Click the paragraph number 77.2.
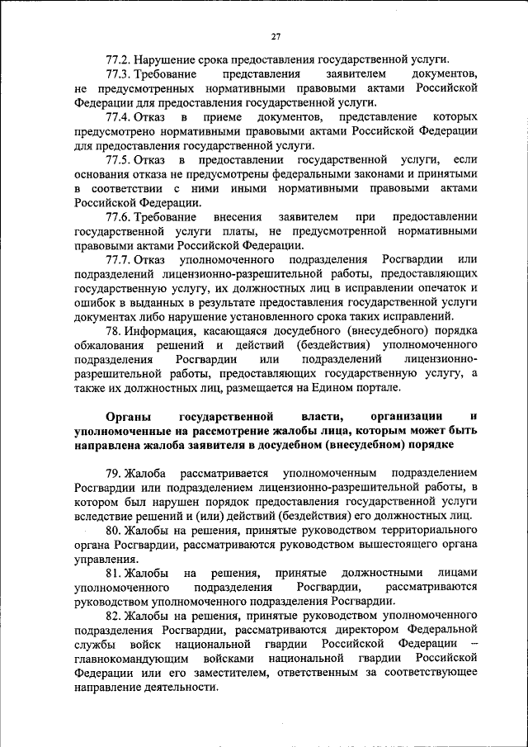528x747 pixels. tap(120, 59)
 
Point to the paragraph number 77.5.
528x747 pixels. tap(120, 159)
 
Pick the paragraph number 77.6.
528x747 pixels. tap(120, 216)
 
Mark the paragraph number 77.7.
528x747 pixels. tap(120, 259)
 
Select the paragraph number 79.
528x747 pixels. tap(115, 472)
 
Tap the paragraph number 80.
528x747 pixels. tap(115, 530)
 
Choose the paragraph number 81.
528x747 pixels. tap(115, 573)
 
